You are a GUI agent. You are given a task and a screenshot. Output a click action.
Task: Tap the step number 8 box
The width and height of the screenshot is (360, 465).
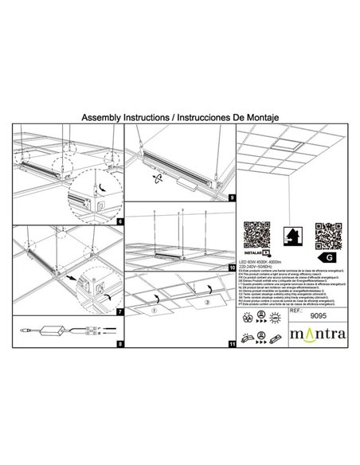tap(119, 345)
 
